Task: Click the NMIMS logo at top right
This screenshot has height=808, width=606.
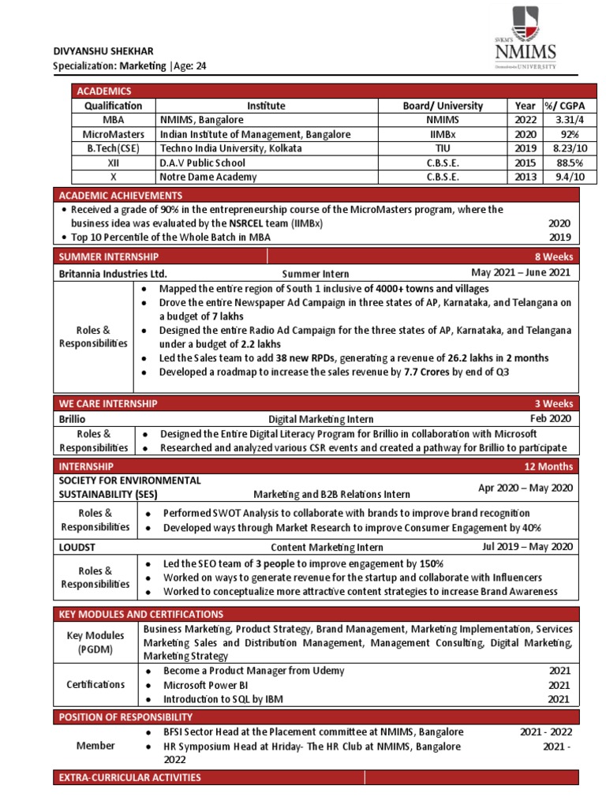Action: [525, 39]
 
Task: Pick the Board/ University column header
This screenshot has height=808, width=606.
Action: [442, 106]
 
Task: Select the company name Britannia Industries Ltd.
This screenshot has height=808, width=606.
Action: [113, 273]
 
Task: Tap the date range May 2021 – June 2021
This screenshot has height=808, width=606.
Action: [522, 272]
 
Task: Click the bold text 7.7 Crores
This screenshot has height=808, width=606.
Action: [424, 372]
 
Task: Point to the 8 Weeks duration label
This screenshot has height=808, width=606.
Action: [555, 256]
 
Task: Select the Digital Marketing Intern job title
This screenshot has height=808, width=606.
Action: [320, 420]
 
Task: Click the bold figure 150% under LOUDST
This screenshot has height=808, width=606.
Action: [430, 563]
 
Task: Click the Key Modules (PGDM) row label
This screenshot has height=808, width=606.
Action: [94, 642]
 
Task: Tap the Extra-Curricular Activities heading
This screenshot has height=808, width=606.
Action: [130, 778]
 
